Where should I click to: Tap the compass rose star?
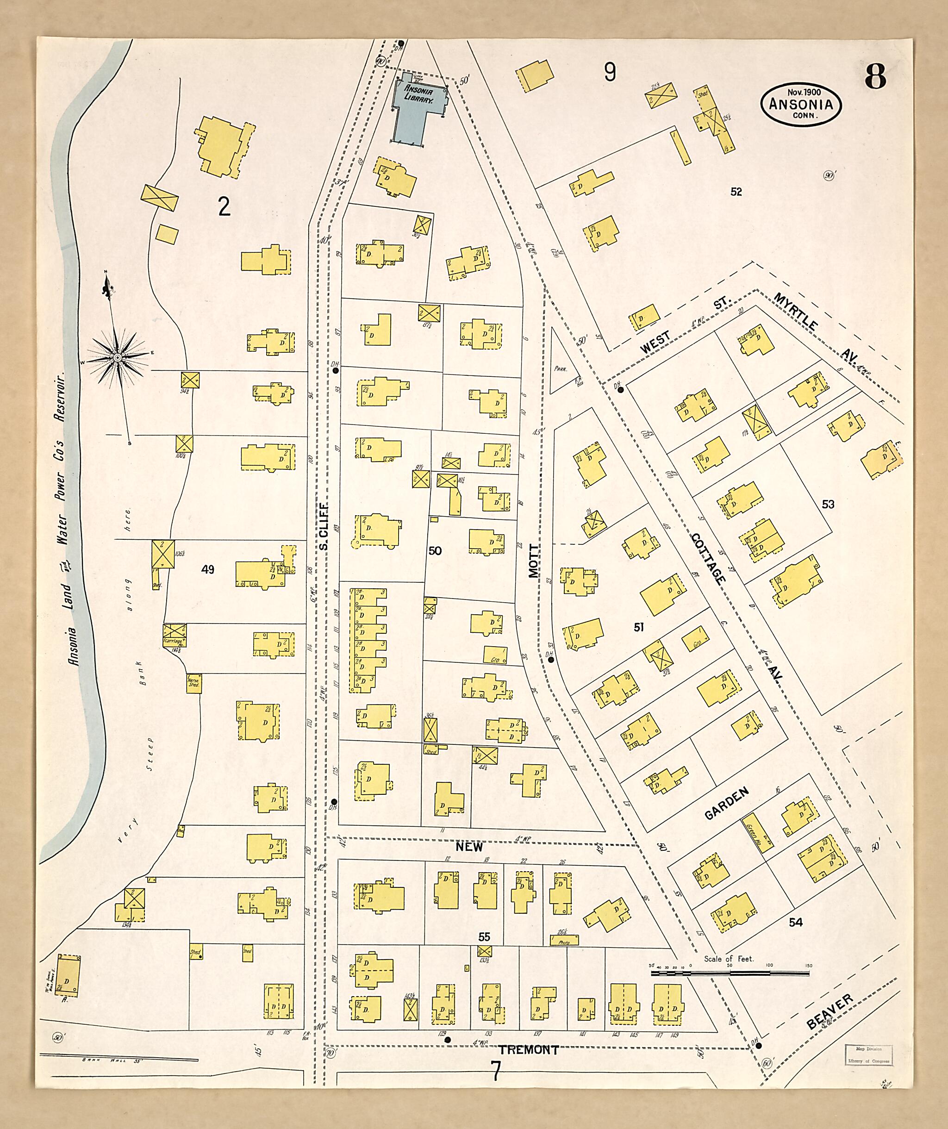pyautogui.click(x=117, y=357)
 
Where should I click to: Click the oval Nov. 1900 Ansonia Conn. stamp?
pyautogui.click(x=800, y=104)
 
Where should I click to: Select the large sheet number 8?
pyautogui.click(x=875, y=76)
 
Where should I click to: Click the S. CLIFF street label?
pyautogui.click(x=323, y=527)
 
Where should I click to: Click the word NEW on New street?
pyautogui.click(x=469, y=847)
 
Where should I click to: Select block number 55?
pyautogui.click(x=484, y=937)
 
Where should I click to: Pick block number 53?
pyautogui.click(x=828, y=504)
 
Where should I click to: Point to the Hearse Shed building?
pyautogui.click(x=193, y=683)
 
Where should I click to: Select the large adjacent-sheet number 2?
pyautogui.click(x=224, y=206)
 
